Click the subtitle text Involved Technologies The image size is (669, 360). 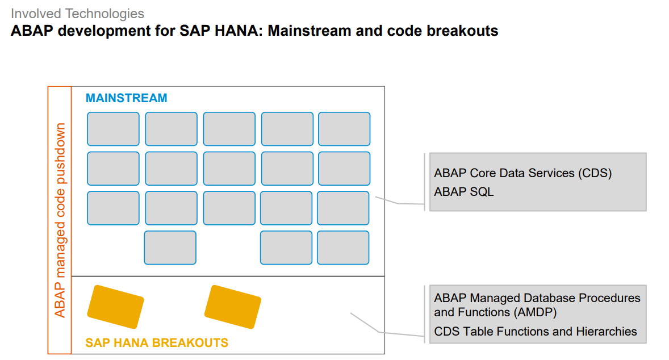77,14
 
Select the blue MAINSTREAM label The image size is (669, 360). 126,98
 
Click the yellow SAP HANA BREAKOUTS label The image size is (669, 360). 157,343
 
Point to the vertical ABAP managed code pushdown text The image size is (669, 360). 60,220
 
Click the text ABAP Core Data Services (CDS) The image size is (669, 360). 522,173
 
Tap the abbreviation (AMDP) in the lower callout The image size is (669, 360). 536,312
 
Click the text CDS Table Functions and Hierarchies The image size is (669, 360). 536,332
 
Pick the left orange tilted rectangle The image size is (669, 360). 115,307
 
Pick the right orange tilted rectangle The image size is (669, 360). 232,307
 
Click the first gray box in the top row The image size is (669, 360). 113,129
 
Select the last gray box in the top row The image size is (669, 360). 344,129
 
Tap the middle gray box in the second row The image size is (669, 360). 229,169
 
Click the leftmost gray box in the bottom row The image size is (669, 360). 170,248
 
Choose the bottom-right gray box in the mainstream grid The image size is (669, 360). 343,248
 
